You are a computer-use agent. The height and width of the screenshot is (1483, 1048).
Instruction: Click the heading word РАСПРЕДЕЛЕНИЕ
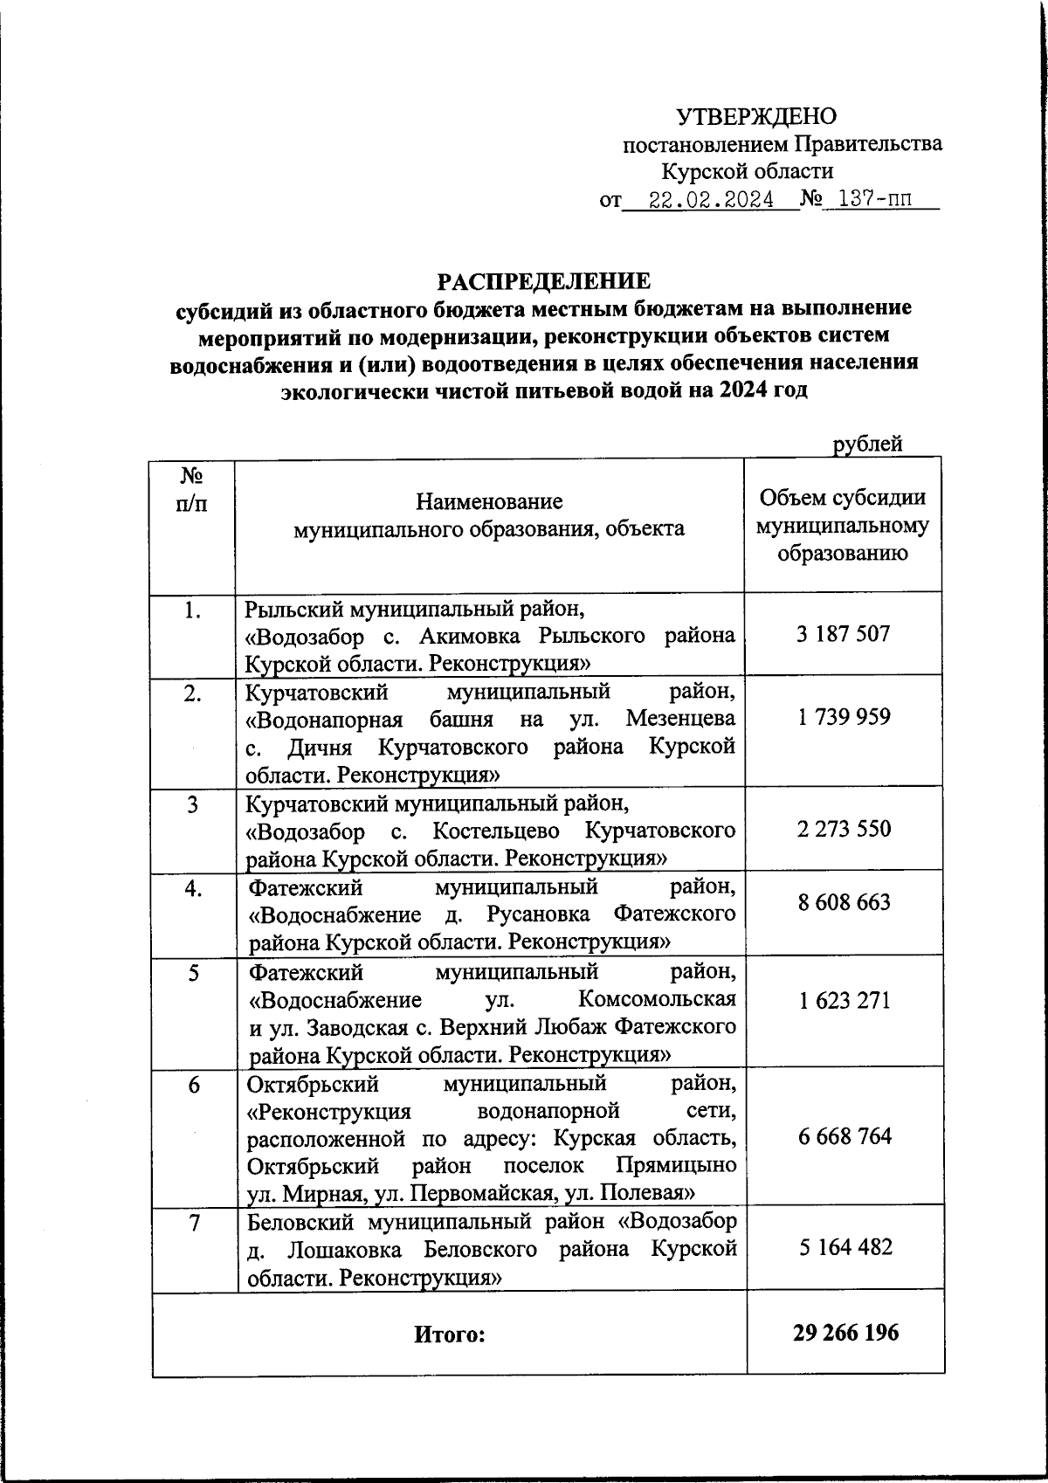click(x=543, y=281)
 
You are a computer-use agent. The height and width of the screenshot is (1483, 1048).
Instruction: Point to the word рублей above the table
click(x=866, y=445)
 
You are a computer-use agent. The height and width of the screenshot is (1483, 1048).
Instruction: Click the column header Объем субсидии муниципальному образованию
click(x=843, y=525)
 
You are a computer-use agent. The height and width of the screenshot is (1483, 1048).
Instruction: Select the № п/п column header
click(x=192, y=490)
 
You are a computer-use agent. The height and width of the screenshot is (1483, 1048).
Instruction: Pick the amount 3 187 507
click(x=843, y=634)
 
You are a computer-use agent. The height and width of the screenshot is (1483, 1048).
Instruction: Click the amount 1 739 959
click(x=843, y=717)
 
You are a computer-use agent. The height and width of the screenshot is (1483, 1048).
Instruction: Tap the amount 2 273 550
click(x=843, y=828)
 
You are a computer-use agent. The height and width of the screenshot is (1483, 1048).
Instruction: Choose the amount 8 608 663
click(x=843, y=901)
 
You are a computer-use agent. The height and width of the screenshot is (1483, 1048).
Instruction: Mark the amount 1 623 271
click(x=843, y=1000)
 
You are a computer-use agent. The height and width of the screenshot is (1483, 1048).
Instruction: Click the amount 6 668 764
click(x=843, y=1136)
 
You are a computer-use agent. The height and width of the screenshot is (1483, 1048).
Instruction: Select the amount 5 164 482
click(x=843, y=1247)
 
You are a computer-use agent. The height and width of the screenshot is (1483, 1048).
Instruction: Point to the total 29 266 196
click(x=845, y=1333)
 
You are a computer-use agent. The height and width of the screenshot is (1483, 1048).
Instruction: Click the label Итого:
click(x=449, y=1335)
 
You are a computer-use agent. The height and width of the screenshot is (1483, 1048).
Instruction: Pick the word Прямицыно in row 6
click(x=675, y=1166)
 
